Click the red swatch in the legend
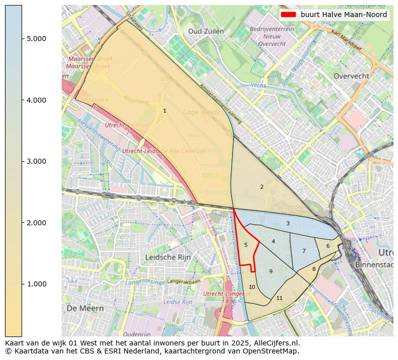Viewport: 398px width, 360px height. pos(289,15)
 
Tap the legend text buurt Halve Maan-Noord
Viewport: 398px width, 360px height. pos(343,15)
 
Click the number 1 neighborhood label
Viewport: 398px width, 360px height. pos(164,111)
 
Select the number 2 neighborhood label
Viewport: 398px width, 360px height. pos(262,187)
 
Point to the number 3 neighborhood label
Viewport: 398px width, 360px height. pos(288,223)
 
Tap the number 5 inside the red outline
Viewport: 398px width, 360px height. pos(246,245)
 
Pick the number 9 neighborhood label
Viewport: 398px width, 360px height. pos(271,271)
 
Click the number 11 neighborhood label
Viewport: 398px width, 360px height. pos(279,298)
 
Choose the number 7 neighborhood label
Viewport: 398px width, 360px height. pos(304,251)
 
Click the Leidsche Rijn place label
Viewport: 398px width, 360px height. pos(168,257)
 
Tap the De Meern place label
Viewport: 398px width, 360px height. pos(85,308)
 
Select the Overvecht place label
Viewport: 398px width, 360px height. pos(351,76)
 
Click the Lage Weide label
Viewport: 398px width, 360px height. pos(202,112)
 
